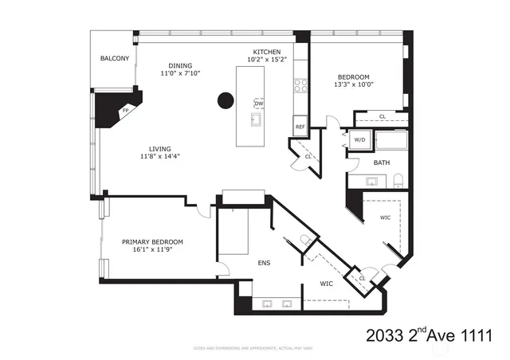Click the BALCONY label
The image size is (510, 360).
[115, 59]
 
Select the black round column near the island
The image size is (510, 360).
[226, 100]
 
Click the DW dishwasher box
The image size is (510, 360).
[259, 104]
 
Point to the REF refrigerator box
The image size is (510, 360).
[300, 127]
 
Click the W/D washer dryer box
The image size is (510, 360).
[360, 141]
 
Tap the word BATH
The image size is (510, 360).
[382, 162]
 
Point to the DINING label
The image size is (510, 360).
[179, 66]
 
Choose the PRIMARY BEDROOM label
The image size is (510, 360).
[152, 242]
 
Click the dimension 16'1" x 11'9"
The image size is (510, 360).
[152, 250]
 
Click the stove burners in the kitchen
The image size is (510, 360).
[300, 84]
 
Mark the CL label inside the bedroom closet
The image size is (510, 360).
[382, 117]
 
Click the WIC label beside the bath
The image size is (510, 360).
[385, 217]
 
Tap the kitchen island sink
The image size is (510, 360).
[257, 121]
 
